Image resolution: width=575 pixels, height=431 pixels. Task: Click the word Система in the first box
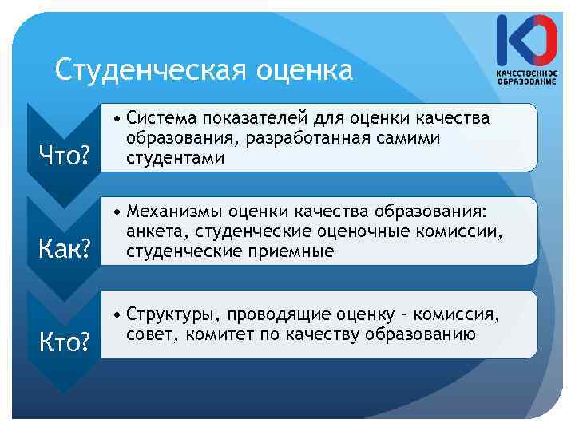point(164,119)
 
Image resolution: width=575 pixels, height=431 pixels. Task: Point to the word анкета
point(153,232)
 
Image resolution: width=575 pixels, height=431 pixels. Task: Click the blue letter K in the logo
point(507,40)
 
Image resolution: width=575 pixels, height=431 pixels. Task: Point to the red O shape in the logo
point(541,40)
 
